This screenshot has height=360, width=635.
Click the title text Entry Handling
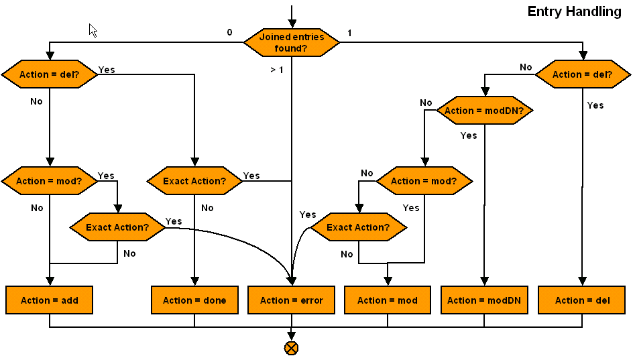[x=574, y=11]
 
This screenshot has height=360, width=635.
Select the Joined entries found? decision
[x=291, y=42]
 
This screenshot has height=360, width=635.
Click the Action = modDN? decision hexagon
[x=484, y=111]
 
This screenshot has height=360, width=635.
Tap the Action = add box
[x=49, y=300]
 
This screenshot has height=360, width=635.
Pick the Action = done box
[x=194, y=300]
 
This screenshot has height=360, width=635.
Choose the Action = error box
[x=291, y=300]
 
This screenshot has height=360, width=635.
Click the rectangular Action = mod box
[x=388, y=300]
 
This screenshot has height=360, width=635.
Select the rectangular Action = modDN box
[x=484, y=300]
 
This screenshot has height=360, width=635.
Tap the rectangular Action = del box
[x=582, y=300]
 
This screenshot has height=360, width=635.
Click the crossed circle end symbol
[x=291, y=348]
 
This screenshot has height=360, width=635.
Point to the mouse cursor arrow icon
[x=93, y=30]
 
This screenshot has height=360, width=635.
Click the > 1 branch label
[x=277, y=69]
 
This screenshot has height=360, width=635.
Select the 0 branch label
[x=229, y=32]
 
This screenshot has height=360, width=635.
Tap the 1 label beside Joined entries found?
[x=349, y=32]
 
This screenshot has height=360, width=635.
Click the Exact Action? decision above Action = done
[x=194, y=181]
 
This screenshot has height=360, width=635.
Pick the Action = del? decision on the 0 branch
[x=49, y=74]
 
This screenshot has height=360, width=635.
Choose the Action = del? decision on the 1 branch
[x=582, y=74]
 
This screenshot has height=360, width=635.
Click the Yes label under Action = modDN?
[x=469, y=135]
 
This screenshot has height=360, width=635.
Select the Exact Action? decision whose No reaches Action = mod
[x=358, y=227]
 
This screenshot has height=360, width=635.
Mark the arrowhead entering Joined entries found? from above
[x=291, y=22]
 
